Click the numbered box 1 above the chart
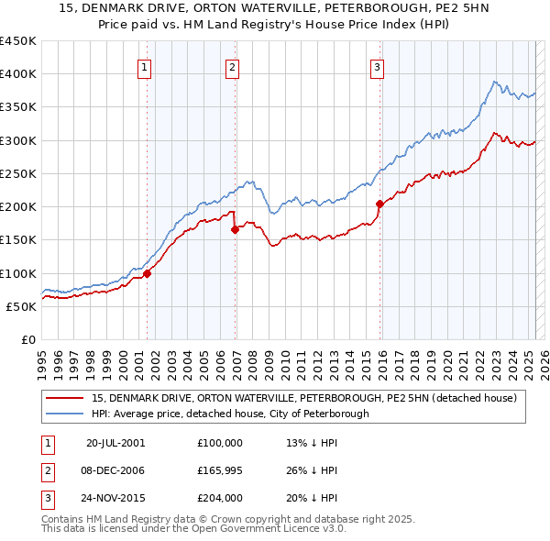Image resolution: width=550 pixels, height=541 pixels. (146, 66)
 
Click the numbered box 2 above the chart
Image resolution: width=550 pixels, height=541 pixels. (233, 66)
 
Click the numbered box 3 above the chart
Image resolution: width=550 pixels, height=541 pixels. (377, 66)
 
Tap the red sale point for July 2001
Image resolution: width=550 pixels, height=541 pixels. (147, 273)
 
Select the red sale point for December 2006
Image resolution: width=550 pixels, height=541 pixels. (236, 230)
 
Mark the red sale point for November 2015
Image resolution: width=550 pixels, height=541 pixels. (379, 204)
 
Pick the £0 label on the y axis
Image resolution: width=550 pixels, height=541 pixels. (27, 339)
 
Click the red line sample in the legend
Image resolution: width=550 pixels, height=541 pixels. (64, 398)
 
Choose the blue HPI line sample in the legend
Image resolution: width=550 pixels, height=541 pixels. (64, 414)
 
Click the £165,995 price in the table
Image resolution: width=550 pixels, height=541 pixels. (220, 470)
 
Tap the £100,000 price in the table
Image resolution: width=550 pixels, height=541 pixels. (220, 442)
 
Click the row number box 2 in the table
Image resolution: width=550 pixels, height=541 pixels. (45, 470)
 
